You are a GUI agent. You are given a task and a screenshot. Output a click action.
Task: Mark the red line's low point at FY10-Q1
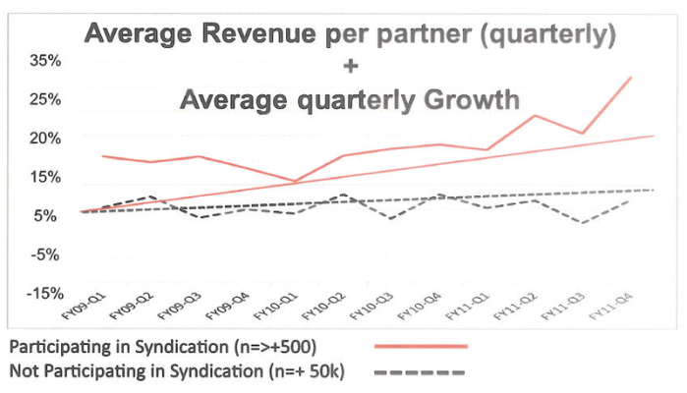tap(294, 182)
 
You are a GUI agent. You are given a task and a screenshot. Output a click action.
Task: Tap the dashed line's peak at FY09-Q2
tap(150, 196)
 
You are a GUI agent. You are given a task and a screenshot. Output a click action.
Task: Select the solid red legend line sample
tap(421, 347)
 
